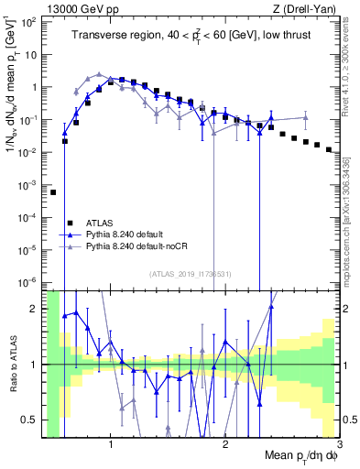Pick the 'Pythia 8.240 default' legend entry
(x=129, y=234)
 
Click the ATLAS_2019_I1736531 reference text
(x=191, y=273)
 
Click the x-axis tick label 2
(x=225, y=443)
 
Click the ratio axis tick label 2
(x=35, y=309)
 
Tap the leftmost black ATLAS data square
(x=53, y=192)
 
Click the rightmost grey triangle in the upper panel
(x=306, y=118)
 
